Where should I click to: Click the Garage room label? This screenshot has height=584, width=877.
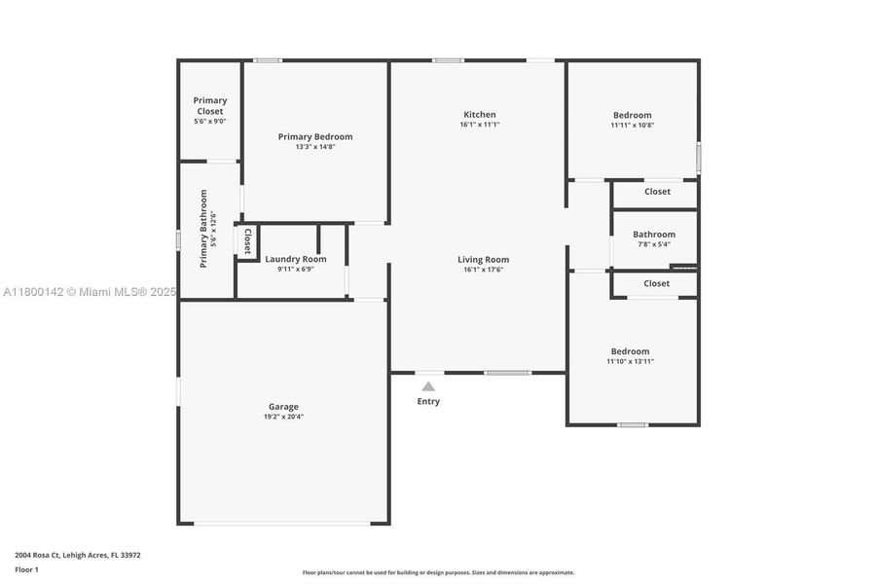[283, 407]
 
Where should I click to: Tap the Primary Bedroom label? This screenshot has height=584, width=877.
[314, 137]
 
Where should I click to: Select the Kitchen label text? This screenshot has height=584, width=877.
[479, 115]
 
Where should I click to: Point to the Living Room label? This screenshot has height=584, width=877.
[483, 260]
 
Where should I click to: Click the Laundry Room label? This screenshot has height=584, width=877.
[295, 260]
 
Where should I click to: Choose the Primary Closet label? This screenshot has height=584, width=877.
[209, 105]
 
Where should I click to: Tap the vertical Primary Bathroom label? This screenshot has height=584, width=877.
[204, 229]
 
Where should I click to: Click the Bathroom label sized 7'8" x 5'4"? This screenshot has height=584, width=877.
[653, 235]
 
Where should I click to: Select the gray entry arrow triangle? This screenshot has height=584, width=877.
[428, 386]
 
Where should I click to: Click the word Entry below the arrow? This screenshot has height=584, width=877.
[428, 401]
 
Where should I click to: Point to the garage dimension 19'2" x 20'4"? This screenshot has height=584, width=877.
[283, 417]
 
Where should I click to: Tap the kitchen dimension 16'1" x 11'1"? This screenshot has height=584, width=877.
[479, 125]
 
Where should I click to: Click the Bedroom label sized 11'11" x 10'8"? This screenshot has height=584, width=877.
[632, 115]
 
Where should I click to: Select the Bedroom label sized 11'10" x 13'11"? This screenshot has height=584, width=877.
[630, 351]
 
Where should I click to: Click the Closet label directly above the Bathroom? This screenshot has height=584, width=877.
[657, 192]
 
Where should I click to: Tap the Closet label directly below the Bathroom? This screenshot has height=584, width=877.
[656, 283]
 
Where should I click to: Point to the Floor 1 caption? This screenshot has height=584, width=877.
[27, 568]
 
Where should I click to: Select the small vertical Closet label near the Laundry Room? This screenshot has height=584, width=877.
[247, 240]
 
